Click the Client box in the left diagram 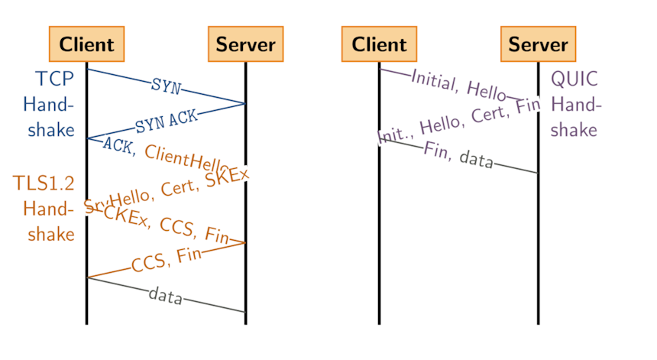click(x=86, y=44)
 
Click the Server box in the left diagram click(x=245, y=44)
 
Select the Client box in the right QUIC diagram click(x=379, y=44)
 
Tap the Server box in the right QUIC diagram click(x=538, y=44)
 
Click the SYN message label click(x=166, y=86)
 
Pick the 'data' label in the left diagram click(x=166, y=294)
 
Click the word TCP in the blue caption click(x=55, y=79)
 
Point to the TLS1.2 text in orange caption click(x=44, y=183)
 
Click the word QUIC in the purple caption click(x=574, y=79)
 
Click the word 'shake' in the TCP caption click(x=51, y=130)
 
